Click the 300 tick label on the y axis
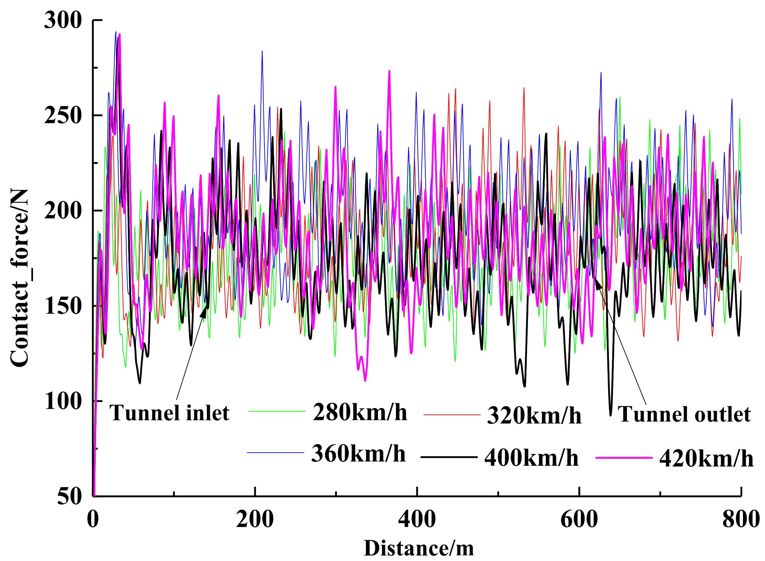pyautogui.click(x=63, y=20)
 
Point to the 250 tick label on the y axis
pyautogui.click(x=63, y=116)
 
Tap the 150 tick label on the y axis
pyautogui.click(x=63, y=306)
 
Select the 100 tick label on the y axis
pyautogui.click(x=63, y=401)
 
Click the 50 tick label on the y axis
pyautogui.click(x=69, y=496)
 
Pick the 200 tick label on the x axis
pyautogui.click(x=255, y=520)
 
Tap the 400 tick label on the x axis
pyautogui.click(x=417, y=520)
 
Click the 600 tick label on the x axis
pyautogui.click(x=579, y=520)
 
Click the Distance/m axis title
pyautogui.click(x=419, y=548)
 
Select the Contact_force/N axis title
pyautogui.click(x=20, y=278)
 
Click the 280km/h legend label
pyautogui.click(x=360, y=412)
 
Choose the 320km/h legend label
pyautogui.click(x=534, y=416)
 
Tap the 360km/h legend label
pyautogui.click(x=358, y=453)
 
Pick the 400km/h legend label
pyautogui.click(x=531, y=458)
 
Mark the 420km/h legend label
pyautogui.click(x=706, y=459)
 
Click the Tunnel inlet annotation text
pyautogui.click(x=169, y=413)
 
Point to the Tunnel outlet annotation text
pyautogui.click(x=684, y=414)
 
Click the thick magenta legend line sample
pyautogui.click(x=624, y=458)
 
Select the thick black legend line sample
pyautogui.click(x=449, y=457)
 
